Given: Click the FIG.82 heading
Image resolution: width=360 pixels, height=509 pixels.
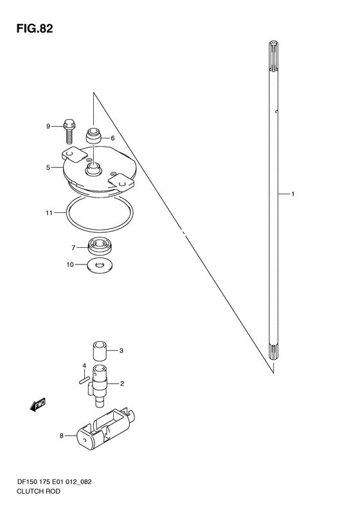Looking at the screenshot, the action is (35, 29).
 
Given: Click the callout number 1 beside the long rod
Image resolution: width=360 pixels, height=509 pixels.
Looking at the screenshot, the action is (292, 194).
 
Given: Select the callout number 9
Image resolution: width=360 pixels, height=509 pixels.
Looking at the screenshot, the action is (48, 126).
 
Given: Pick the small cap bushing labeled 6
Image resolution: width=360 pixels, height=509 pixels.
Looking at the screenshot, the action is (93, 135).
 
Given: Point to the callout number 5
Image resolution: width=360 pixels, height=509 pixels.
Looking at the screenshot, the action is (48, 167).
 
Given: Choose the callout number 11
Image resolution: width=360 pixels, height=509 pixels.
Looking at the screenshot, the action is (49, 213).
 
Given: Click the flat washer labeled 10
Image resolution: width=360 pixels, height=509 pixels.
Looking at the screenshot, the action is (100, 266).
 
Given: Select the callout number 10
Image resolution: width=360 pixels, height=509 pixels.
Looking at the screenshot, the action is (70, 265).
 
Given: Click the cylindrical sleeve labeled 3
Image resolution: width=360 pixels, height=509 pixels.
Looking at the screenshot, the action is (100, 351).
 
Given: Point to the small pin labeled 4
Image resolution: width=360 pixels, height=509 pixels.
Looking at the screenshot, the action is (84, 379).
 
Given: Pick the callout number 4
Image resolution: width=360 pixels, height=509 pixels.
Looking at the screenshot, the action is (84, 366).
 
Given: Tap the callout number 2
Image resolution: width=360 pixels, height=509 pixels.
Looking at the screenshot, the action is (122, 384).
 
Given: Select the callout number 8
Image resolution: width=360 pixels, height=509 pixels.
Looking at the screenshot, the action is (62, 436).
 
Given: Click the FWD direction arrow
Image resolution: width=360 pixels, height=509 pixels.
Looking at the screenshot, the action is (38, 405).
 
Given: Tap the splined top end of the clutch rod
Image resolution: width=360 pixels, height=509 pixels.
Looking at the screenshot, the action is (274, 56).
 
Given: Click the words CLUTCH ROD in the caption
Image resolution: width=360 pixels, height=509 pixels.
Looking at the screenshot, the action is (39, 491).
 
